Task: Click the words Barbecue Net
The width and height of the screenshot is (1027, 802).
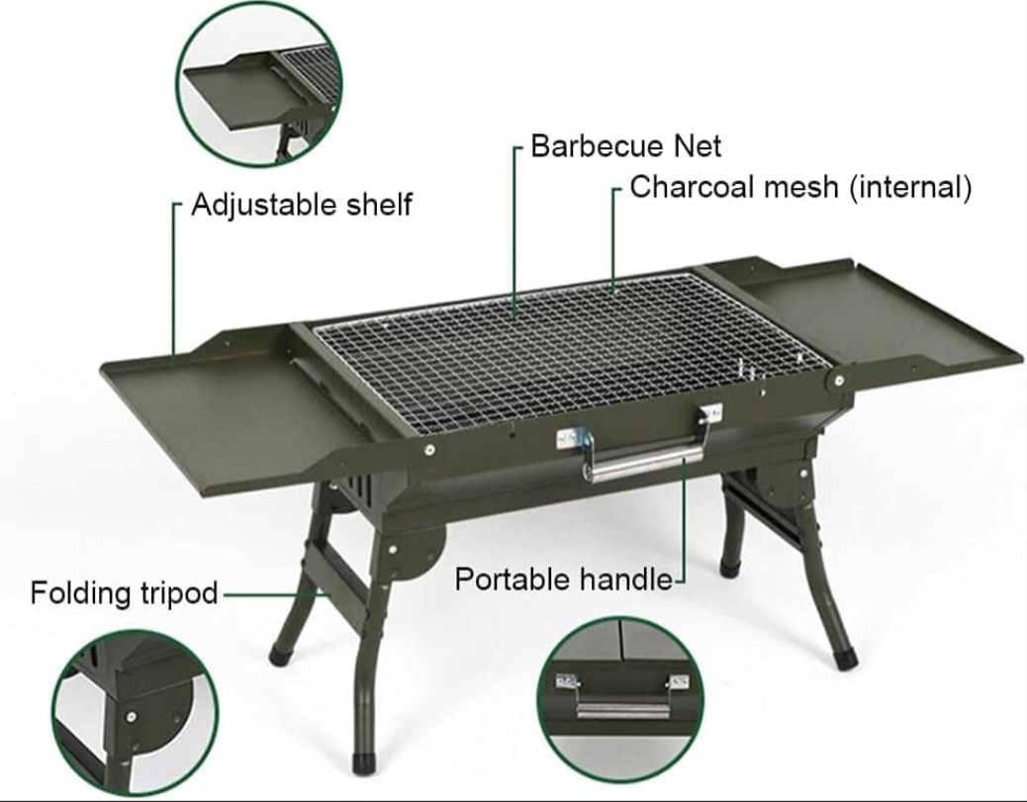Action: [x=625, y=145]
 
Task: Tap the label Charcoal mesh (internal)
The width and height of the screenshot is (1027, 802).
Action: [x=800, y=187]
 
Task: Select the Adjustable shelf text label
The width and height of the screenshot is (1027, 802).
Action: [x=302, y=205]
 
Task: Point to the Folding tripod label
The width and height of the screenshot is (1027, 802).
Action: [x=124, y=593]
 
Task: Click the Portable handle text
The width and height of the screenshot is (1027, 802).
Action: [x=564, y=579]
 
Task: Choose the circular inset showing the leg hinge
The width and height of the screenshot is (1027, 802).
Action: [x=135, y=714]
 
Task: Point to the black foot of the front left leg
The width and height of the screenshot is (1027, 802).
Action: [x=281, y=654]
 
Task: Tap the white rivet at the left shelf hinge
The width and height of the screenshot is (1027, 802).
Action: [x=429, y=449]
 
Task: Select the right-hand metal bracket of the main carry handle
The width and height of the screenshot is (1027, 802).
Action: [x=710, y=413]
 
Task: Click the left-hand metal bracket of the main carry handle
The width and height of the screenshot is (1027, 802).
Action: [x=569, y=439]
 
